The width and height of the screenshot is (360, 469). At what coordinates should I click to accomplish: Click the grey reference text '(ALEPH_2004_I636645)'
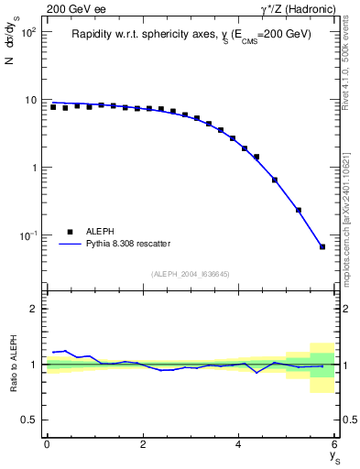[x=191, y=273]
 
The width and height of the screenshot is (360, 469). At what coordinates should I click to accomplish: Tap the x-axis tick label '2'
[x=143, y=443]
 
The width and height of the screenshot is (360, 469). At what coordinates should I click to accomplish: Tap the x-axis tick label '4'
[x=239, y=443]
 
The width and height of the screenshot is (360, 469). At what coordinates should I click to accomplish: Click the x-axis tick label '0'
[x=47, y=443]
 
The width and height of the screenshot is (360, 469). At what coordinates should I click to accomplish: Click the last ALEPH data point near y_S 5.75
[x=322, y=246]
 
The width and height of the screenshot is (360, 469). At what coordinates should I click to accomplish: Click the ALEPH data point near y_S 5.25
[x=299, y=210]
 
